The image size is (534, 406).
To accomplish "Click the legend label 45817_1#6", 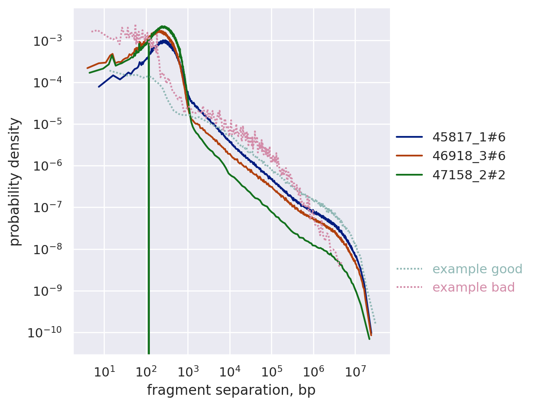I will click(x=469, y=137).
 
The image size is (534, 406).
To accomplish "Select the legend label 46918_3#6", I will click(x=469, y=156).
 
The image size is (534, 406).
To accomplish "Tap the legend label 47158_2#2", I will click(x=469, y=175).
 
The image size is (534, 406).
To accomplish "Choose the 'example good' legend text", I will click(x=477, y=269).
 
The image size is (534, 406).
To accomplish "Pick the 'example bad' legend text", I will click(x=473, y=287).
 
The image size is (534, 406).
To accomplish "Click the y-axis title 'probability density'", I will click(x=15, y=181).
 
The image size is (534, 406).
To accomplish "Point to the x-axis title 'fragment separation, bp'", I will click(x=231, y=390).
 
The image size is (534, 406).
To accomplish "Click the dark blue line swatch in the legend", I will click(x=409, y=137).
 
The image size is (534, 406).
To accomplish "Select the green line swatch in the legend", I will click(x=409, y=175).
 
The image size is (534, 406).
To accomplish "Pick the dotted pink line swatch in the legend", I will click(x=409, y=287).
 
